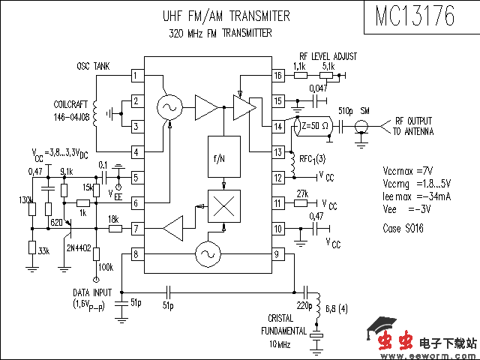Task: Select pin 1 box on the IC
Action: tap(136, 76)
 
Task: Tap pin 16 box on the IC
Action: tap(278, 76)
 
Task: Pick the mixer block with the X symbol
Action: tap(224, 208)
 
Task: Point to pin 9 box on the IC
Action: tap(278, 254)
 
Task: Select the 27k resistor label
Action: tap(303, 194)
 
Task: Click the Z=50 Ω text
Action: tap(314, 126)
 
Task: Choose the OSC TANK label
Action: tap(93, 67)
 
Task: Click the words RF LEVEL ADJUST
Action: tap(328, 56)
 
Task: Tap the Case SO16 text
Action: tap(403, 228)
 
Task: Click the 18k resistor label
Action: tap(113, 218)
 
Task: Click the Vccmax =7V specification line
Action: tap(407, 170)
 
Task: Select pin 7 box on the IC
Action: tap(136, 227)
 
